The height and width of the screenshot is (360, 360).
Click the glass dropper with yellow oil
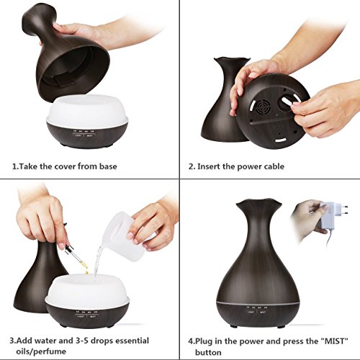(74, 253)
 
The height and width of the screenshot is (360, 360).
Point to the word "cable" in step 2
(274, 166)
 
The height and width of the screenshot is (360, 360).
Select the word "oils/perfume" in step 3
(41, 352)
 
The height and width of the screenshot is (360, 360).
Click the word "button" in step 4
(208, 353)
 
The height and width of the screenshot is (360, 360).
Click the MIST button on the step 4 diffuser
(263, 312)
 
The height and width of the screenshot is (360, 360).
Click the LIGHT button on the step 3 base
(81, 316)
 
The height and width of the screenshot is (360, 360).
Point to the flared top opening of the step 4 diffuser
(258, 204)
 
